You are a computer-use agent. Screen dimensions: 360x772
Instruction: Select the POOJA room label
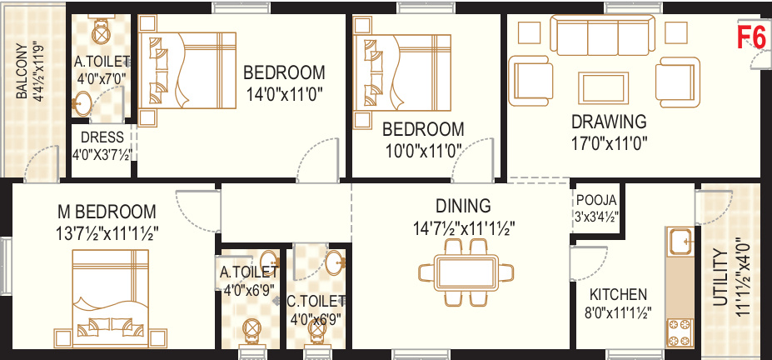(596, 201)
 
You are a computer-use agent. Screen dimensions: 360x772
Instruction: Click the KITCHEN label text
(618, 294)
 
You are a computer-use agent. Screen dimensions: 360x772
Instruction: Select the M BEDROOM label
(107, 211)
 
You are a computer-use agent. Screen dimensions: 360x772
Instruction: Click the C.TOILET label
(316, 300)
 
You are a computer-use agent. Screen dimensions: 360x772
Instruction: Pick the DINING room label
(464, 206)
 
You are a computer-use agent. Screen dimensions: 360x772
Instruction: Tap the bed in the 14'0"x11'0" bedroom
(188, 67)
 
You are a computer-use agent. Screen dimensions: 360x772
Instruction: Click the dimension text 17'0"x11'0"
(610, 142)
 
